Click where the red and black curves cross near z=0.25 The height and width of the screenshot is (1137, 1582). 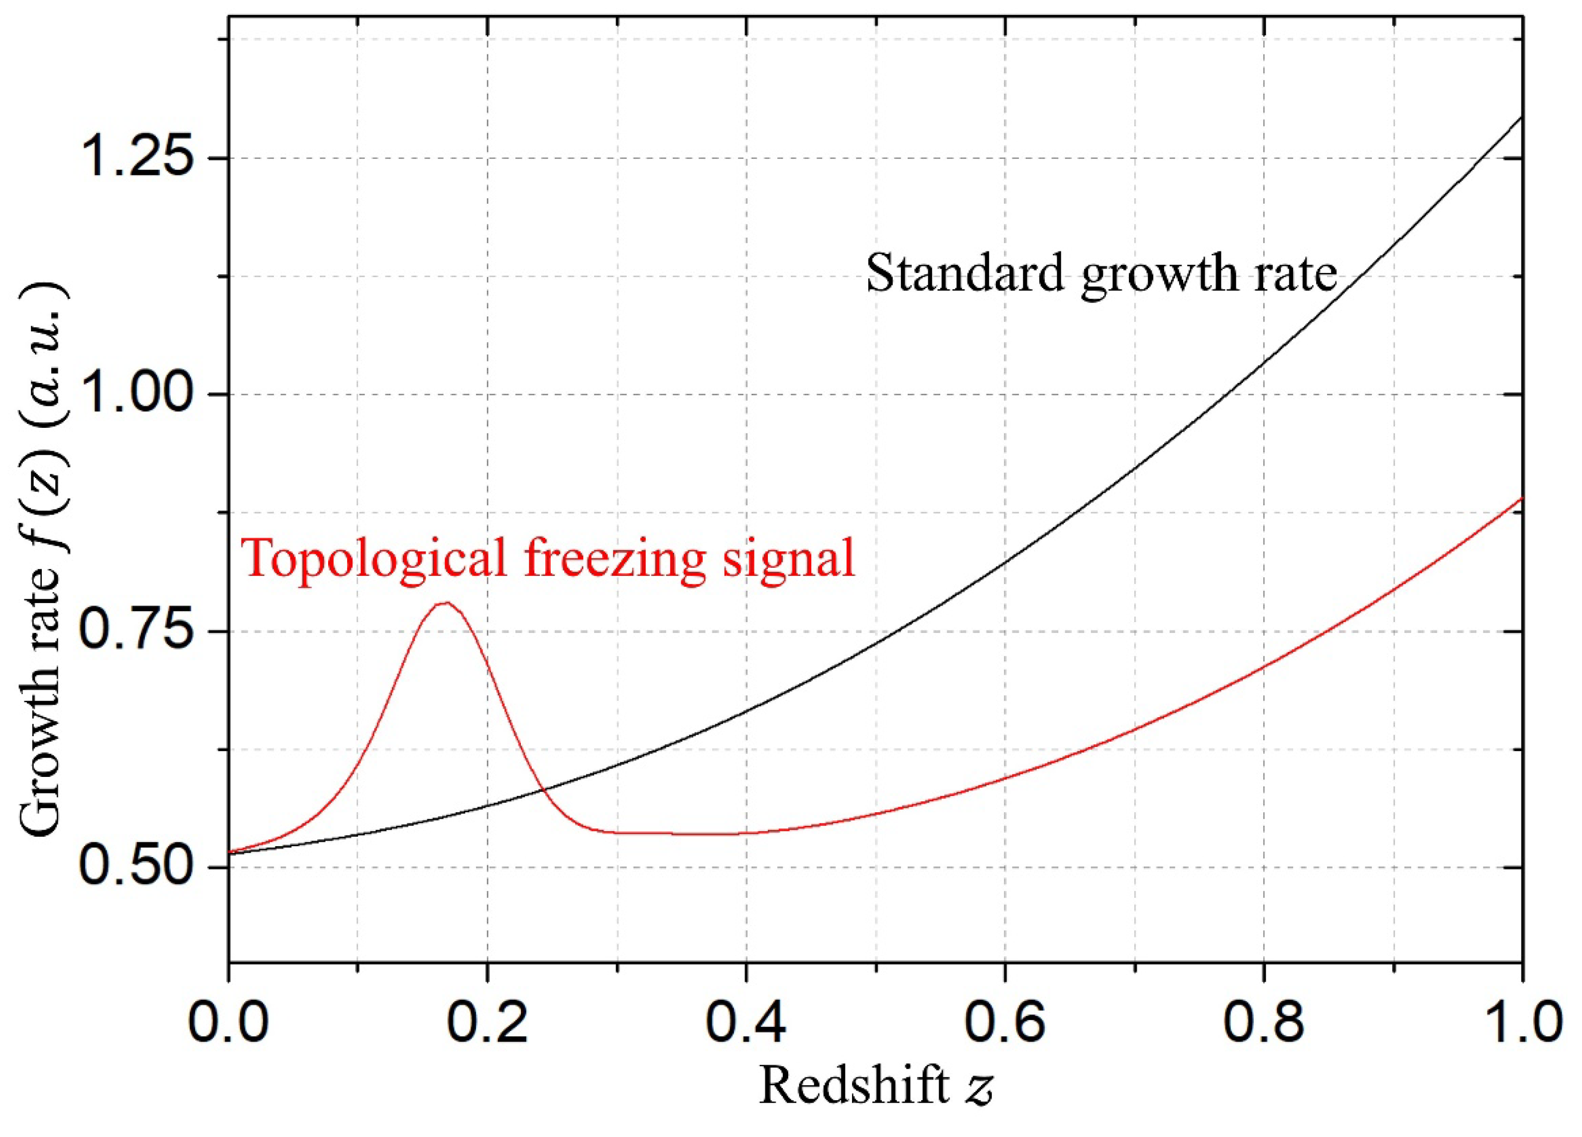(x=542, y=789)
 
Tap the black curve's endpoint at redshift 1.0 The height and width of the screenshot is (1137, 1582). (x=1521, y=117)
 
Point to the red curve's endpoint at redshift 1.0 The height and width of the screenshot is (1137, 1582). (x=1521, y=498)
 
